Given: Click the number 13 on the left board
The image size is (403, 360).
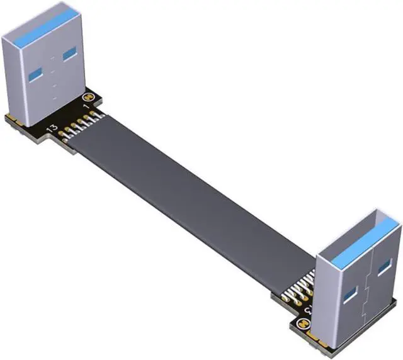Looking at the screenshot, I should tap(53, 128).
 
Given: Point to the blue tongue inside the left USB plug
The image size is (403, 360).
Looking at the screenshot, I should tap(44, 25).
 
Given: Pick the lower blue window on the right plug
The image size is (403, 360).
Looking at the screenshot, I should tap(349, 293).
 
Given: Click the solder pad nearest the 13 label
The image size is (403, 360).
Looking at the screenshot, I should tap(63, 130).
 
